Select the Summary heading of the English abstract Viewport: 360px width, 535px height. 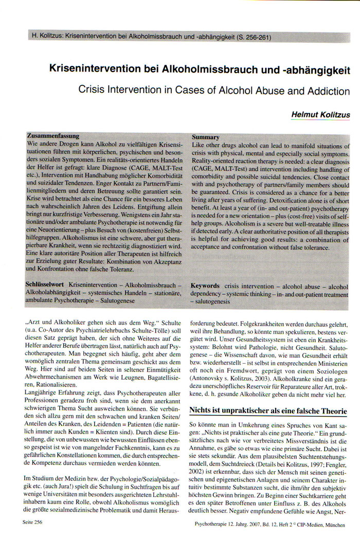click(x=205, y=137)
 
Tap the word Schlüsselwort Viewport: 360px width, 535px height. click(x=45, y=284)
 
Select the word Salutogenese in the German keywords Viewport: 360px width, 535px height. click(x=111, y=300)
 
